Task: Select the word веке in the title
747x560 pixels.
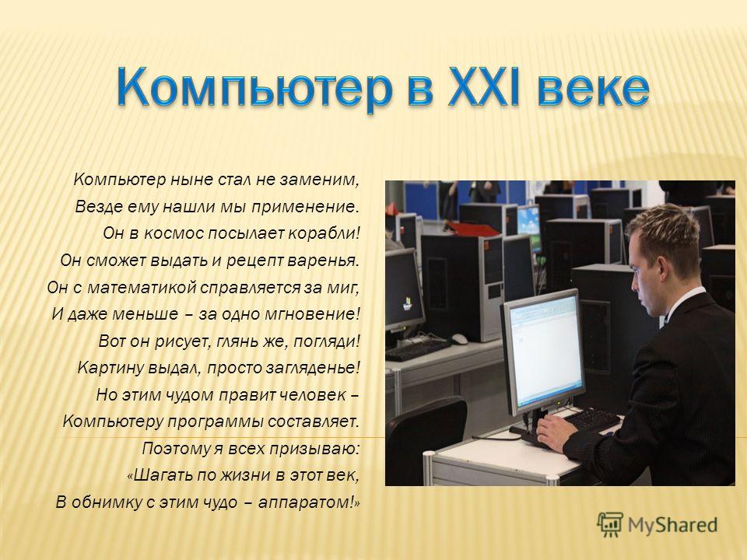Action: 593,89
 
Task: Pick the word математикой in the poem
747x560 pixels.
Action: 141,288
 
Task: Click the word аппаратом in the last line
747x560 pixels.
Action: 307,502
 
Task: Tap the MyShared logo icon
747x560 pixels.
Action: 610,525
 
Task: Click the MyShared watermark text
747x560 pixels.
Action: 672,525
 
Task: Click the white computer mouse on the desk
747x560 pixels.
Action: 459,338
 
